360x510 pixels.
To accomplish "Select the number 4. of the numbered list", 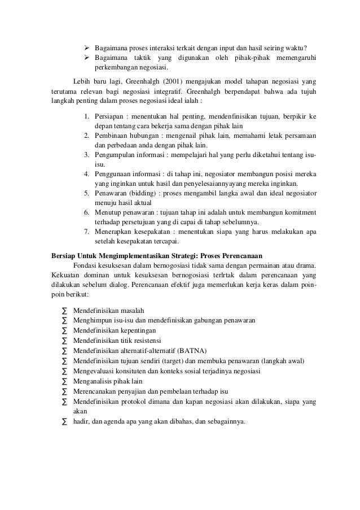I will click(87, 173).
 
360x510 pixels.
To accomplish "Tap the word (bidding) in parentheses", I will click(143, 193).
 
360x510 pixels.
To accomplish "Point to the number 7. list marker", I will click(87, 231).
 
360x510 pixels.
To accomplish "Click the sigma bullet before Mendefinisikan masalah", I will click(64, 311).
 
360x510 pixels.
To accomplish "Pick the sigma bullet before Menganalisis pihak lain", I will click(64, 381).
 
